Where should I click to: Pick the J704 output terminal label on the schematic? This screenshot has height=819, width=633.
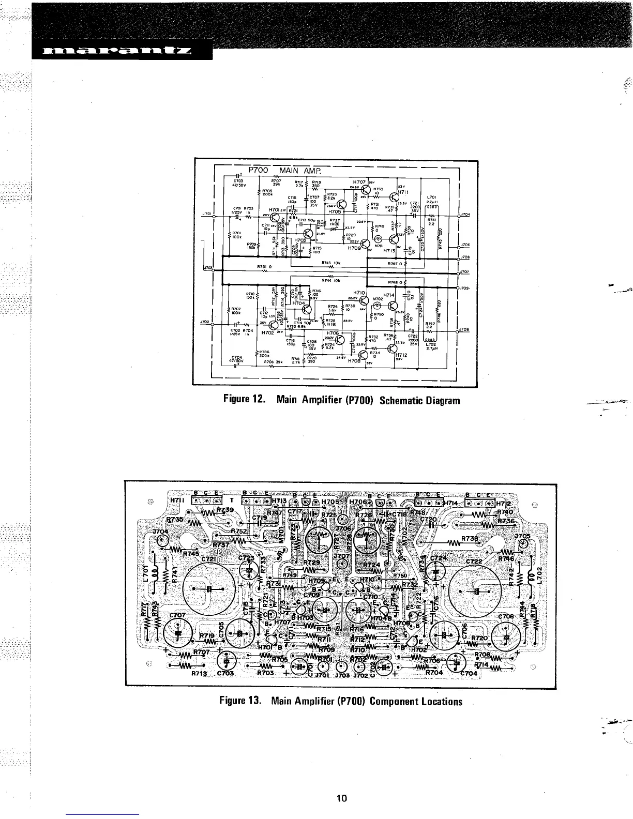coord(463,215)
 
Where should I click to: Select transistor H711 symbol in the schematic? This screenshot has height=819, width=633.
coord(395,195)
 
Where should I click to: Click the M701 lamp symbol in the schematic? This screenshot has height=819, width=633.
coord(379,239)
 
